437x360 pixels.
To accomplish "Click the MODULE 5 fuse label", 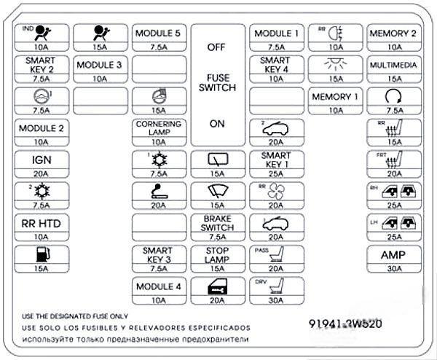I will click(158, 34).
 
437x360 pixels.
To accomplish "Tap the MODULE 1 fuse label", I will click(276, 34).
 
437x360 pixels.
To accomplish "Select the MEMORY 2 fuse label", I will click(393, 34).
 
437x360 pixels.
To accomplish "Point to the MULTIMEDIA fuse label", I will click(393, 65).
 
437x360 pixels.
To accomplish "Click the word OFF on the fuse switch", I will click(217, 47).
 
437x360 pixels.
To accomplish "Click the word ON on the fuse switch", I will click(217, 124).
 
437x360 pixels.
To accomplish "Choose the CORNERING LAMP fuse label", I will click(158, 128).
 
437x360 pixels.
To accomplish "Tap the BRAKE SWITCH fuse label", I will click(217, 223).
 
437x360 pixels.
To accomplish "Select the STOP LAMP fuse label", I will click(217, 255).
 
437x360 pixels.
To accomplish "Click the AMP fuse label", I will click(393, 255).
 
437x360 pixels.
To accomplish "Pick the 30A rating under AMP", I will click(393, 268).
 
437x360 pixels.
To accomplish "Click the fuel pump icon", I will click(41, 255).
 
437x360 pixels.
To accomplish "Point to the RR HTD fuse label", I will click(41, 224).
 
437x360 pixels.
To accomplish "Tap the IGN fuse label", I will click(41, 160).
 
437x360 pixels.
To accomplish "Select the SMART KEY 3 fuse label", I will click(158, 255).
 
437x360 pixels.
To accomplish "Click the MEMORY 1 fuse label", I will click(335, 97).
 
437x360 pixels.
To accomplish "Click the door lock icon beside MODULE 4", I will click(217, 286).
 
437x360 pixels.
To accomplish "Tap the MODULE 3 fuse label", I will click(99, 65).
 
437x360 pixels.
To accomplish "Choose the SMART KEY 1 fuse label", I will click(276, 160).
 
